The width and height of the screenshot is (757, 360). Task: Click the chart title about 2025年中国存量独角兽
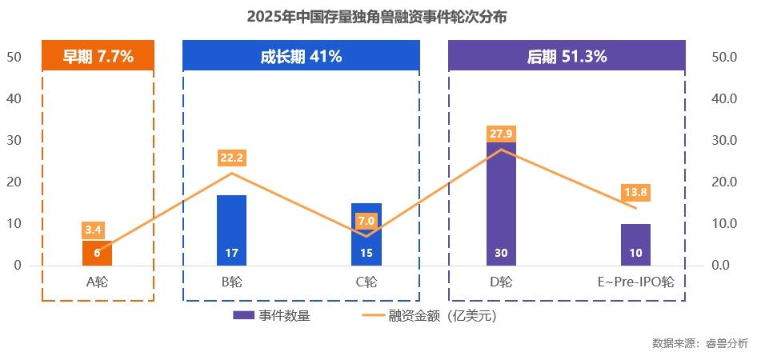377,16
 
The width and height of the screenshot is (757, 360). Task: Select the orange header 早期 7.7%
98,56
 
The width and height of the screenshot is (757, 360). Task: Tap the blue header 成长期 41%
301,56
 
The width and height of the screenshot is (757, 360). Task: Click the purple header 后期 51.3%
567,56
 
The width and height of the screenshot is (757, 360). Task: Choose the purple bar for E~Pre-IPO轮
635,244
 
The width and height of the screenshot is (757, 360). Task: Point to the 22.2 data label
232,158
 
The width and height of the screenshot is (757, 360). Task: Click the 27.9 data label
501,133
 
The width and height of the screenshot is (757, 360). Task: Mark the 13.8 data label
635,192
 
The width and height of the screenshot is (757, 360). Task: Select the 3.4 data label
94,230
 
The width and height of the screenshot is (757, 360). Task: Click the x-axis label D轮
501,282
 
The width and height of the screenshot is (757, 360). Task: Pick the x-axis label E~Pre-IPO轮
635,282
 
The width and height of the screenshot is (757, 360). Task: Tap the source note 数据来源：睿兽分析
699,343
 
